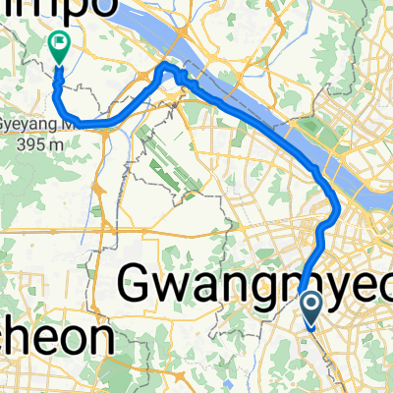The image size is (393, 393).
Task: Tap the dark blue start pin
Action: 310,309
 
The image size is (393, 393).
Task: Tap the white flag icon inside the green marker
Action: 59,42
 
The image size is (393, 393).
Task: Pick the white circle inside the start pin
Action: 310,306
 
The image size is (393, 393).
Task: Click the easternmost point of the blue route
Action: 340,207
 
